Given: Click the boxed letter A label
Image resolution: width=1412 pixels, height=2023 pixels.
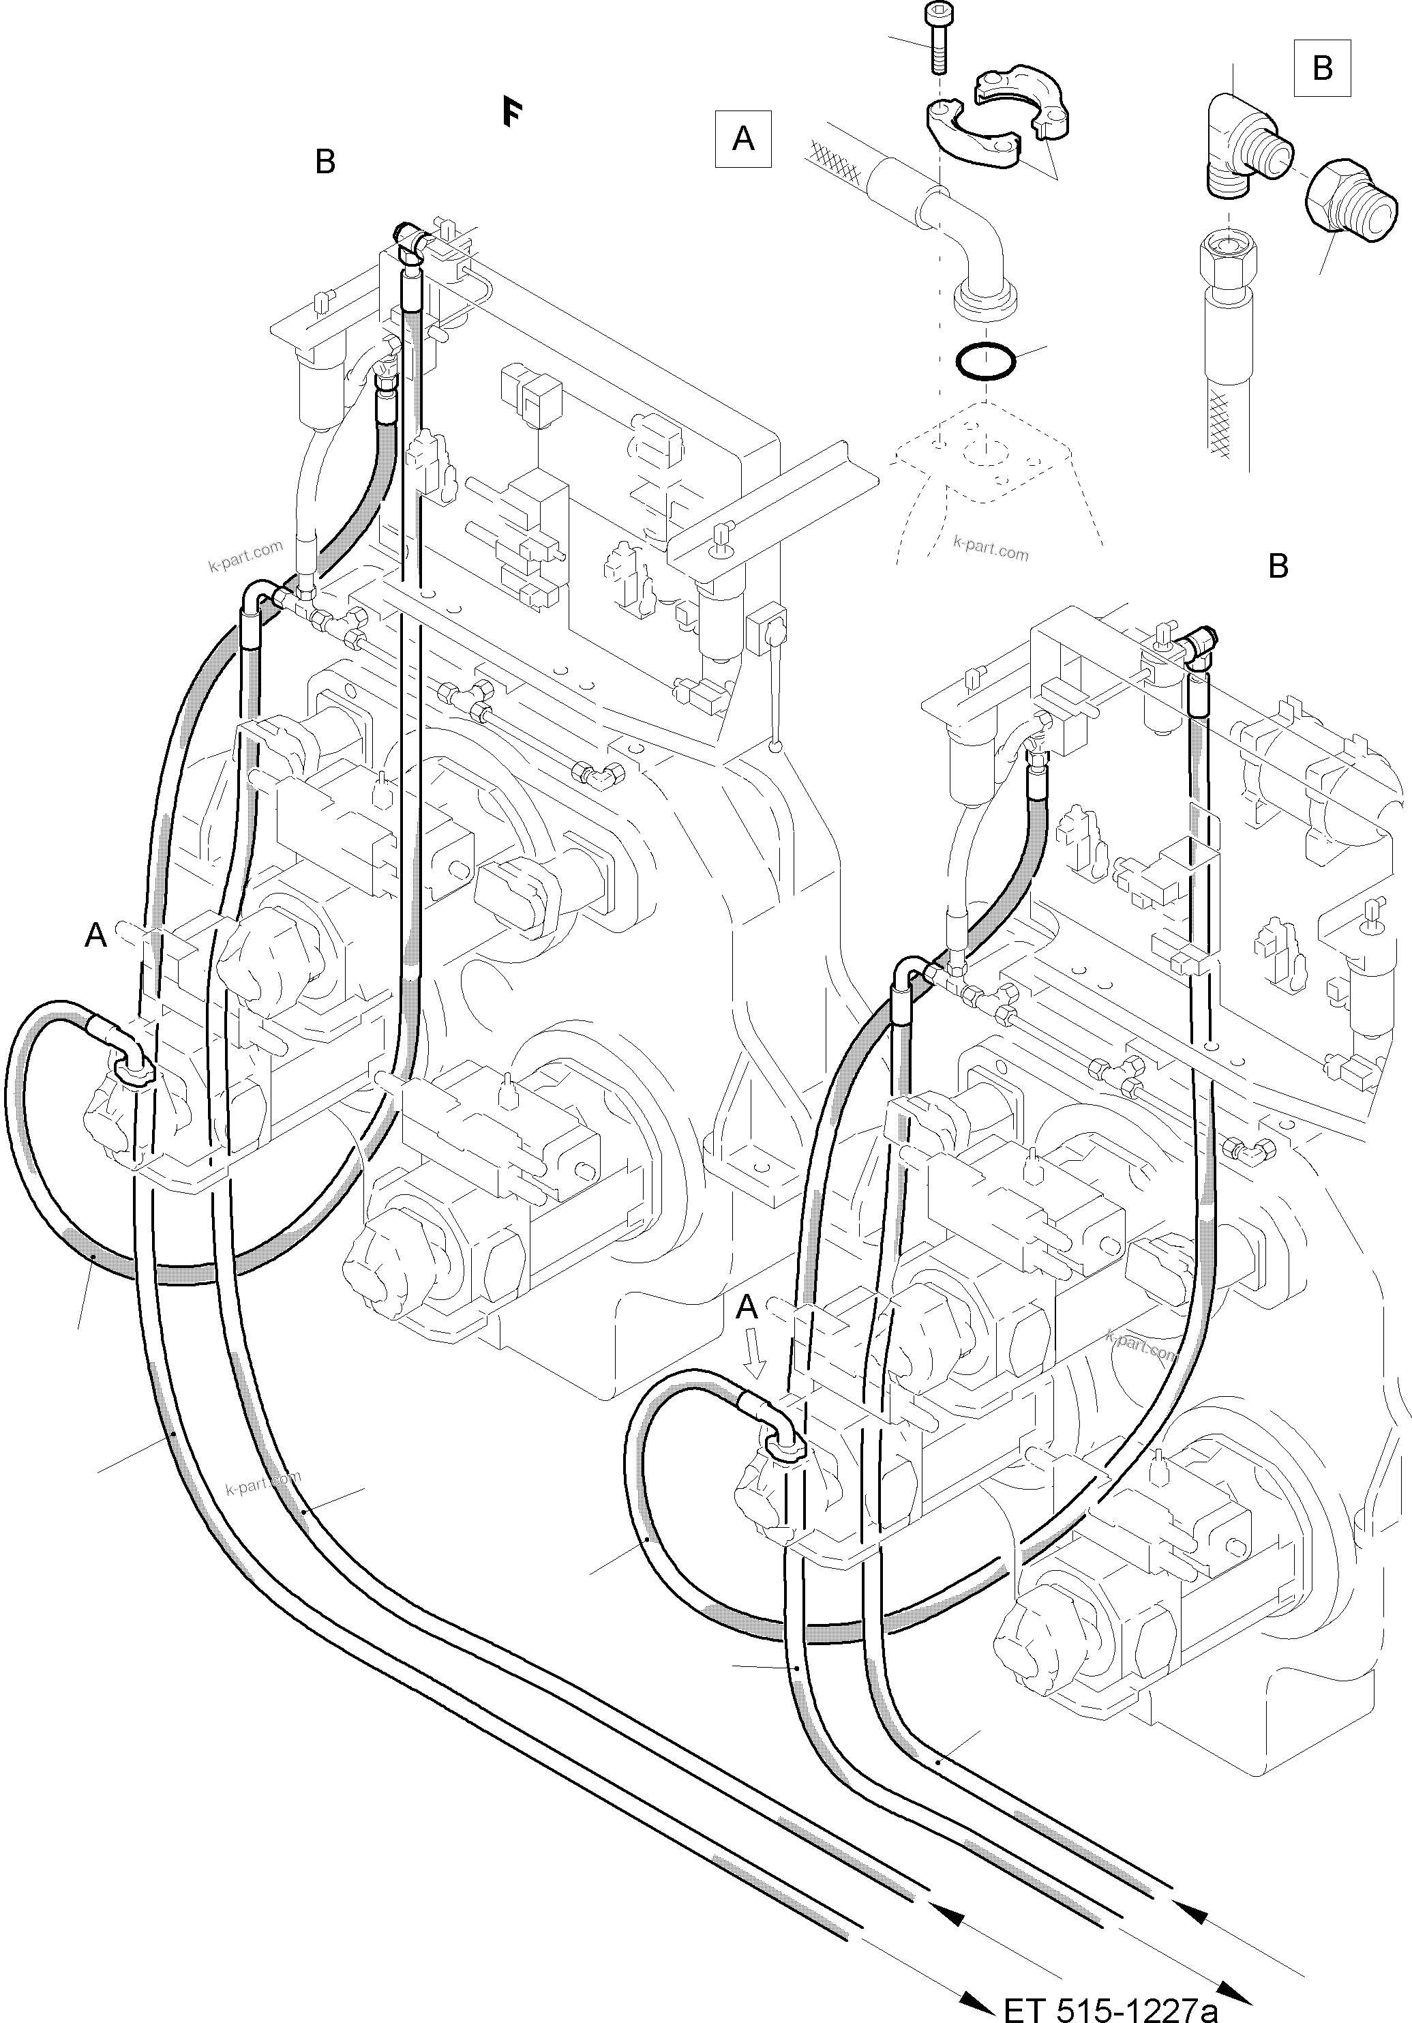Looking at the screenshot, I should [x=742, y=138].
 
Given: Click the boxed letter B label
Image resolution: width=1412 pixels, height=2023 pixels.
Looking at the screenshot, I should [x=1321, y=68].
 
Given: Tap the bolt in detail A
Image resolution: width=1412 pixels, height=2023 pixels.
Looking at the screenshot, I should [x=938, y=39].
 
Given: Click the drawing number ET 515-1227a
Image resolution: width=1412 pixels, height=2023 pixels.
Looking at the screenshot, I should [x=1111, y=2007].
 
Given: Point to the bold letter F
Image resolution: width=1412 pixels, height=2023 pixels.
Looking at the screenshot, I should [x=511, y=113].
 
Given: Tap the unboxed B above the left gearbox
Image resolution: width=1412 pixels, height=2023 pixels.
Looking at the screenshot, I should [x=325, y=162].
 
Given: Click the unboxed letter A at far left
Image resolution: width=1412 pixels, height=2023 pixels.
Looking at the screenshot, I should [x=95, y=935].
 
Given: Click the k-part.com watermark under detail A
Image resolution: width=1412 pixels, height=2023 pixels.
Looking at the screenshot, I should [x=990, y=550].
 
